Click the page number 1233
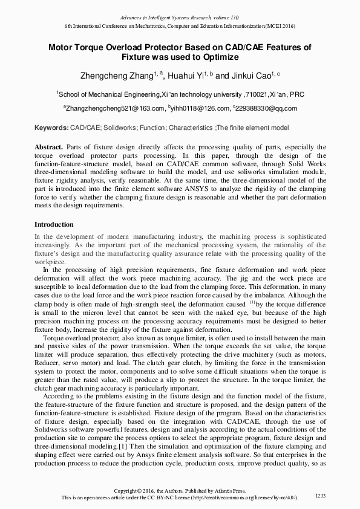321,496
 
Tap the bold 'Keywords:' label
51,128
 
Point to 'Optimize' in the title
214,57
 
